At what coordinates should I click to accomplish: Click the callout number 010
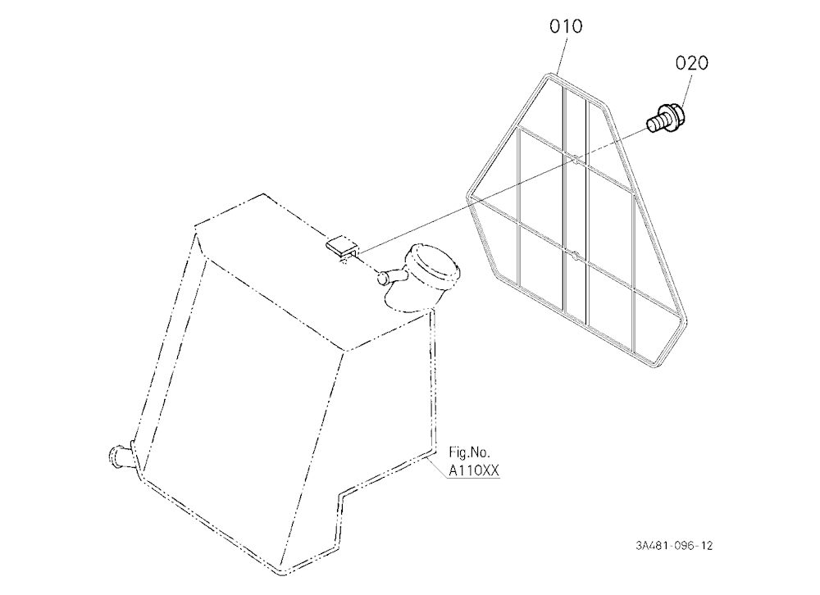(x=566, y=26)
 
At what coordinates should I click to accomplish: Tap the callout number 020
(x=691, y=63)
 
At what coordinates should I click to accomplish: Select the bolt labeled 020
(x=666, y=119)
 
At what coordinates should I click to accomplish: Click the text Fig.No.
(x=470, y=452)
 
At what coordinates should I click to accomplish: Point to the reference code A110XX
(x=474, y=470)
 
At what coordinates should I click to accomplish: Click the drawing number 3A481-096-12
(x=674, y=546)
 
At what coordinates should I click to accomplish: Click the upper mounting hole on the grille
(x=576, y=159)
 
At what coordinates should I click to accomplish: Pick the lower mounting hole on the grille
(x=576, y=256)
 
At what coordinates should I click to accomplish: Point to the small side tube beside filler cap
(x=390, y=276)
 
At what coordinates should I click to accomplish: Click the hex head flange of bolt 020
(x=675, y=118)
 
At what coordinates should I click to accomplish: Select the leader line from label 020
(x=684, y=90)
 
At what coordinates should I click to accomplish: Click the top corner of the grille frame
(x=548, y=75)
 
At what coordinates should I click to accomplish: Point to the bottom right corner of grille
(x=654, y=365)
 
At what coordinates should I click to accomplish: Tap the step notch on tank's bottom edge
(x=341, y=494)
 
